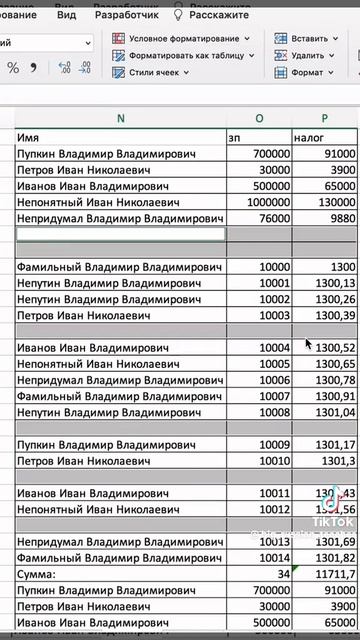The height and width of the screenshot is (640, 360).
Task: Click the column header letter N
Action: pyautogui.click(x=121, y=118)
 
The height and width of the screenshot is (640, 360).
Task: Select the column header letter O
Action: pyautogui.click(x=259, y=118)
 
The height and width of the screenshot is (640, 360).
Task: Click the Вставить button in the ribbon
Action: pyautogui.click(x=309, y=38)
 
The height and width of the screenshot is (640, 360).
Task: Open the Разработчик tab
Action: pyautogui.click(x=126, y=16)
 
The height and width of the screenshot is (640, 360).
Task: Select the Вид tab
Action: pyautogui.click(x=66, y=16)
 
